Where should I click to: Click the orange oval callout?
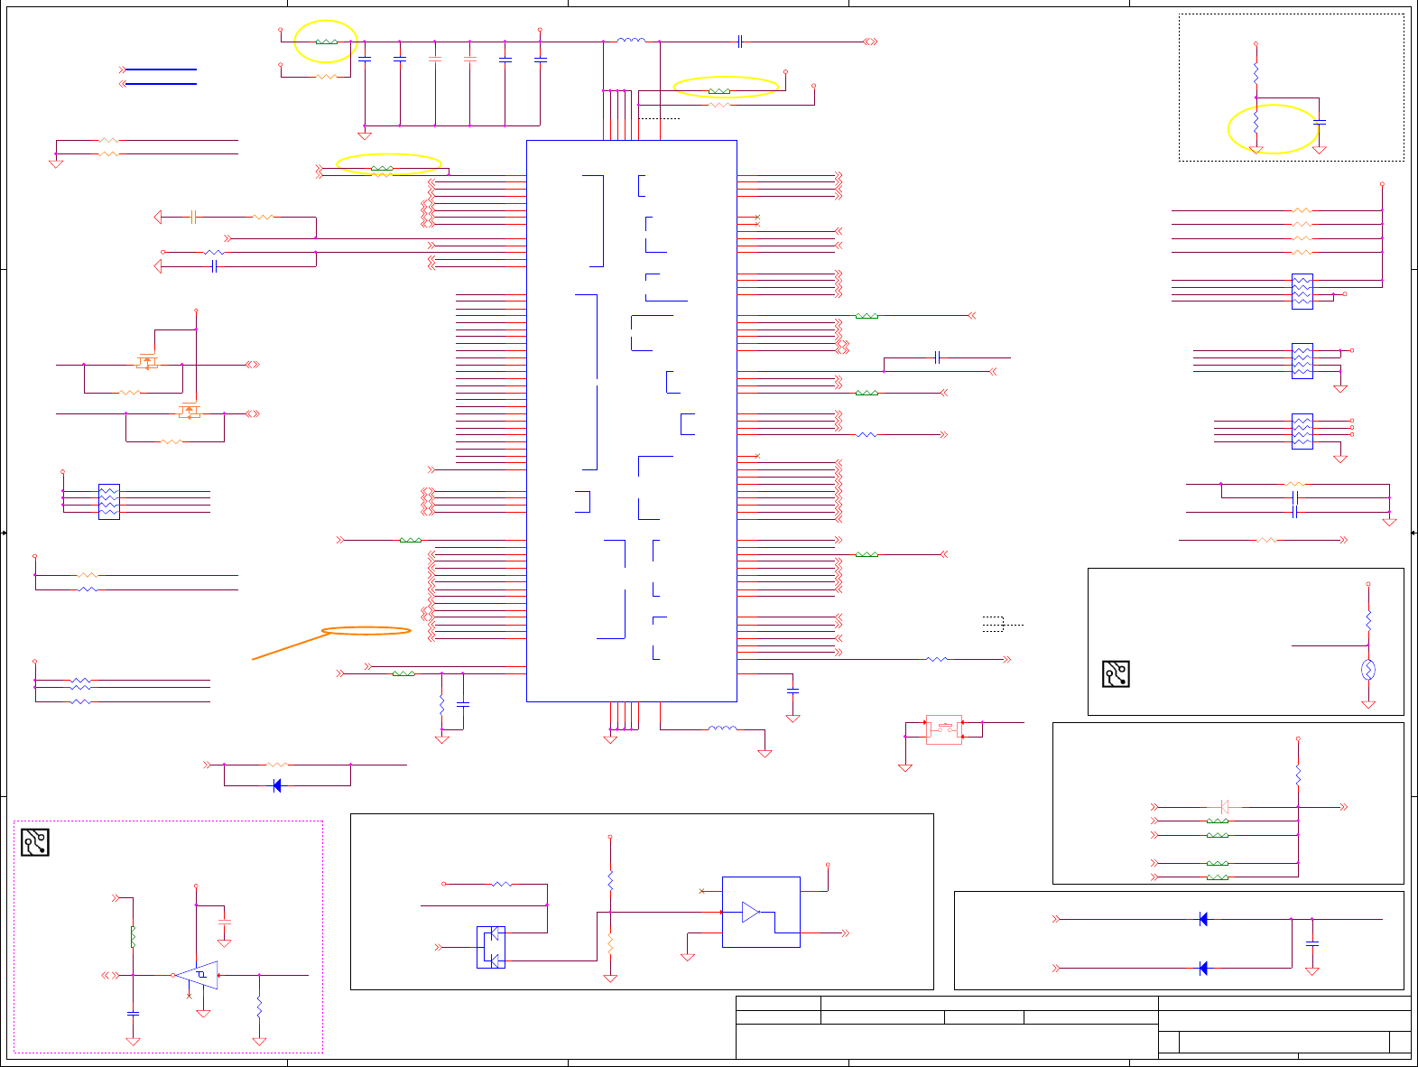[x=366, y=631]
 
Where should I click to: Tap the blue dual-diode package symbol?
[x=491, y=947]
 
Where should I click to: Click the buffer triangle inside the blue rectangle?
[x=751, y=912]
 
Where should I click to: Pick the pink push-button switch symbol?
[x=944, y=729]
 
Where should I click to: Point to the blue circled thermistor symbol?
[x=1368, y=670]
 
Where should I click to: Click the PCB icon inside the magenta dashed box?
[x=34, y=842]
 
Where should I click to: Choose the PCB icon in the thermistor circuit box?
[x=1116, y=673]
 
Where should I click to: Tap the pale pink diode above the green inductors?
[x=1224, y=807]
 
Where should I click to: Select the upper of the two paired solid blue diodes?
[x=1202, y=919]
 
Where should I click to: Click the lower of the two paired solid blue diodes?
[x=1202, y=968]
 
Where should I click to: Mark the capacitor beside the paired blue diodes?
[x=1312, y=943]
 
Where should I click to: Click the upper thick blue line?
[x=161, y=70]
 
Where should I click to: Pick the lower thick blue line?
[x=161, y=84]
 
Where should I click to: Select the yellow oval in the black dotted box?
[x=1273, y=129]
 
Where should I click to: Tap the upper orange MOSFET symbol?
[x=147, y=362]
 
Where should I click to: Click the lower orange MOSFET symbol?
[x=189, y=411]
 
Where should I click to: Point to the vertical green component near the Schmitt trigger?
[x=133, y=936]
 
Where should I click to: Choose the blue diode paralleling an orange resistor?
[x=277, y=785]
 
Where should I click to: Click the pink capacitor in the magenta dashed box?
[x=225, y=922]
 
